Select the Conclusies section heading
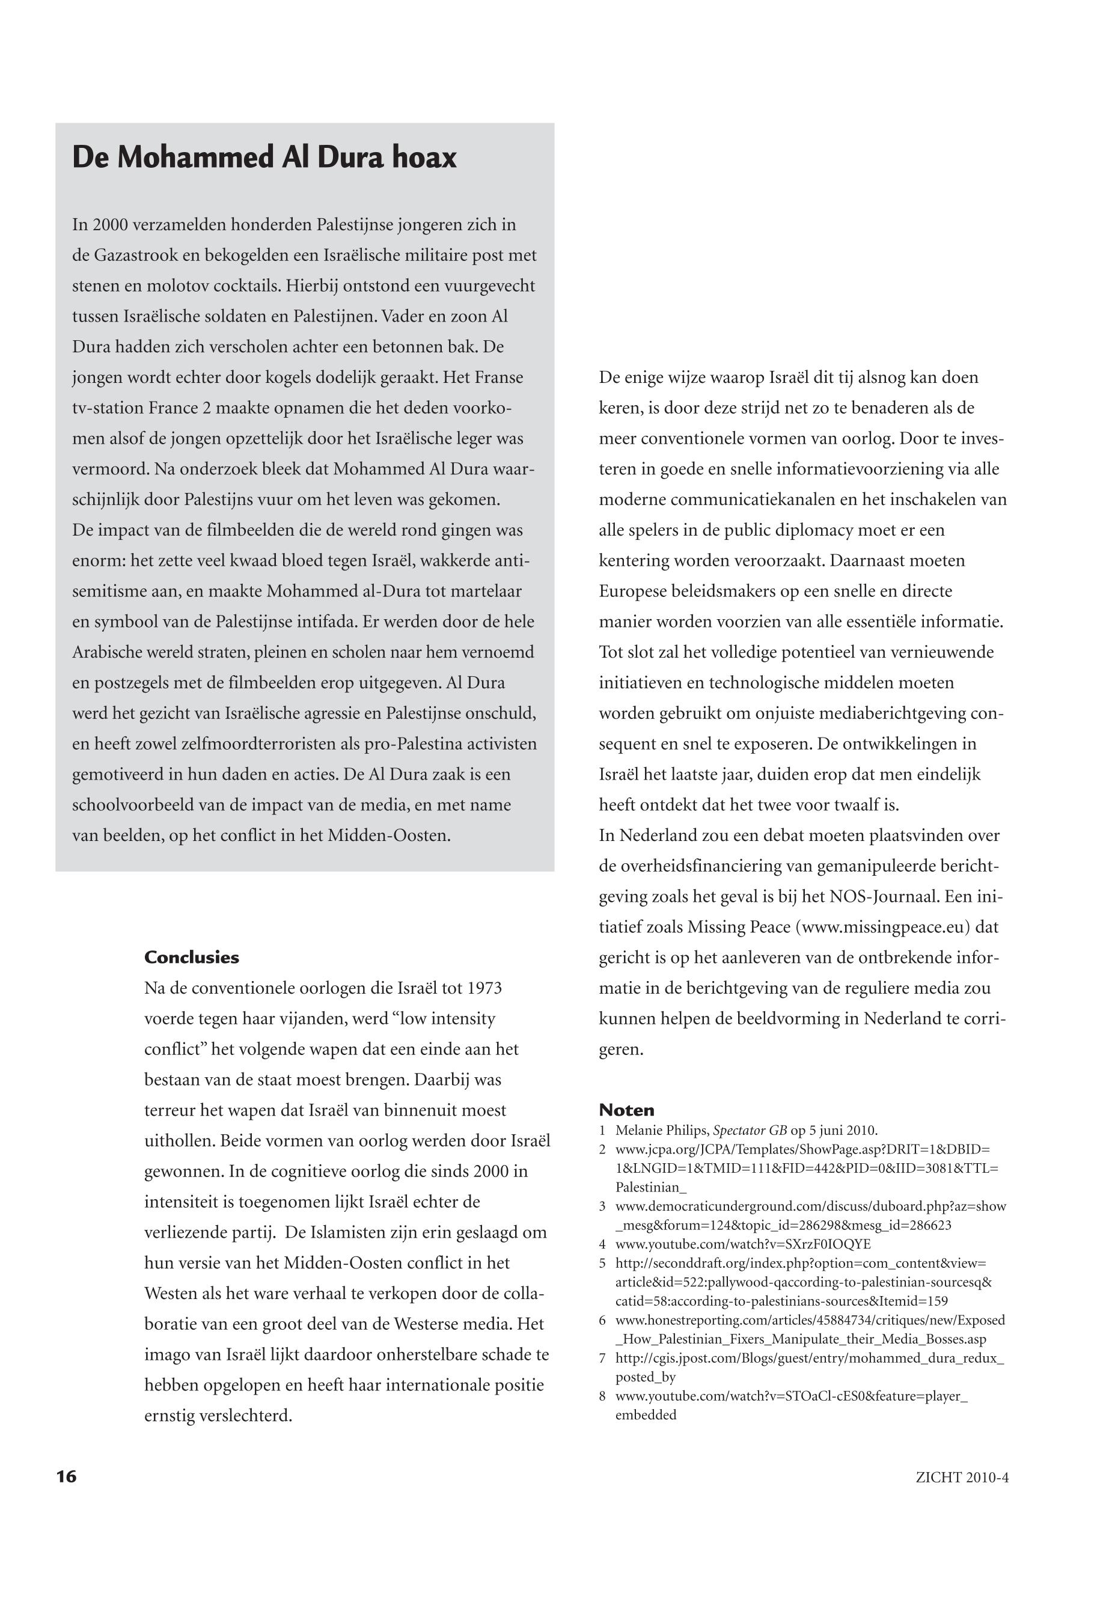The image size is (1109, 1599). pos(191,958)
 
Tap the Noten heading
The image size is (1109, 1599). pos(626,1110)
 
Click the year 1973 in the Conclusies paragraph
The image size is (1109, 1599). pos(484,988)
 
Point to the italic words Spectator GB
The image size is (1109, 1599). pos(750,1130)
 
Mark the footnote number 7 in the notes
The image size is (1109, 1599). pos(602,1359)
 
